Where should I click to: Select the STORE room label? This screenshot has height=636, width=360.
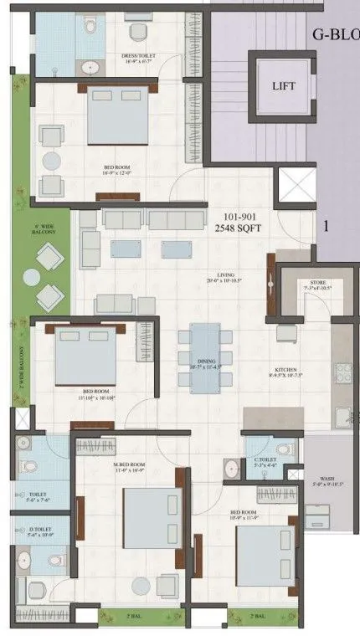303,285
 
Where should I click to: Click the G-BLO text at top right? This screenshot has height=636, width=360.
335,34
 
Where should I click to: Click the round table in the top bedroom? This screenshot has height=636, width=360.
52,160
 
